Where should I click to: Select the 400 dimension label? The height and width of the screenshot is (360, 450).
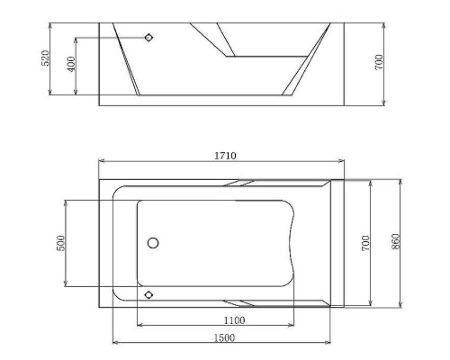pos(70,65)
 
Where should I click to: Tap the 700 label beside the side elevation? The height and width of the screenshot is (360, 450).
pos(380,61)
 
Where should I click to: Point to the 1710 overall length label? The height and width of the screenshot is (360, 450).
pos(225,156)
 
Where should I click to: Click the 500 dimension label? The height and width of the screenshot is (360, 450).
pos(60,243)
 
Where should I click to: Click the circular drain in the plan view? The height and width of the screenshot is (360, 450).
pos(152,243)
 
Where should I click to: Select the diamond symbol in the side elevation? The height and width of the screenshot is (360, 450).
pos(149,38)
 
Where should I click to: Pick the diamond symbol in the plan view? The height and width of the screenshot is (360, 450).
pos(149,294)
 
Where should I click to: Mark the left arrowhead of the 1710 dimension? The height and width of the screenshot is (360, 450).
pos(102,162)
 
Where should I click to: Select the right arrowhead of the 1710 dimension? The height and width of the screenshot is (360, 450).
pos(341,162)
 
